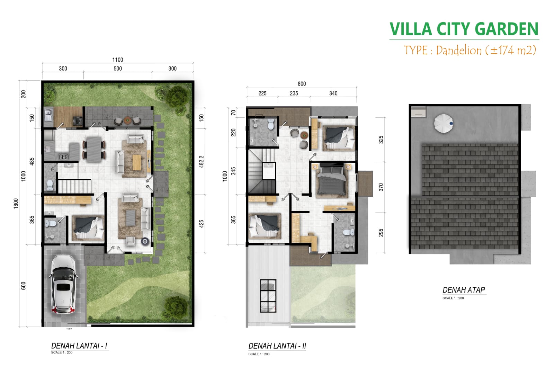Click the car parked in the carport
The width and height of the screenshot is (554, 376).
[64, 285]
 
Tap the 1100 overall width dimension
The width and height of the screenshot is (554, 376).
[117, 60]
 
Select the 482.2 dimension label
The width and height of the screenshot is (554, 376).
[202, 162]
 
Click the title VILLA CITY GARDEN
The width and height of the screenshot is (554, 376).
[464, 29]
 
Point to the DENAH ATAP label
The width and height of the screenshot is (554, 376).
[464, 290]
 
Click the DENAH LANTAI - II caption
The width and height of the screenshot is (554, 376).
[277, 346]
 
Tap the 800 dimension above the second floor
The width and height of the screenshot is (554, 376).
[302, 84]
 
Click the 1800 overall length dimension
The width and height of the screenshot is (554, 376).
[16, 204]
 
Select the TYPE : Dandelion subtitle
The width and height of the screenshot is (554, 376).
[470, 50]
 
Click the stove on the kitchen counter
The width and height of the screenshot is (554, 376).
[64, 156]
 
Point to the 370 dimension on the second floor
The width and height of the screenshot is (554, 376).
[381, 187]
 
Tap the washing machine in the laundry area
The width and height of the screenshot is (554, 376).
[78, 121]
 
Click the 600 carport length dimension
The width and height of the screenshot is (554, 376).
[24, 286]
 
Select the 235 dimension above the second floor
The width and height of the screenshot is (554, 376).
[294, 93]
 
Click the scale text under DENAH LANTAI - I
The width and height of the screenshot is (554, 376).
[62, 352]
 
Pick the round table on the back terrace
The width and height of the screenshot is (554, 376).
[128, 120]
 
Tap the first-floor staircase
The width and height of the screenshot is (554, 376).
[74, 186]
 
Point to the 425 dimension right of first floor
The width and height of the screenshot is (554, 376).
[202, 224]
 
